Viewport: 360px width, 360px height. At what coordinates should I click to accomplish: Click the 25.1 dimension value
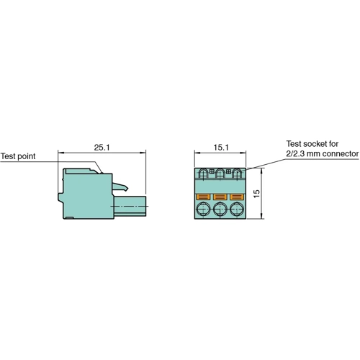coord(102,147)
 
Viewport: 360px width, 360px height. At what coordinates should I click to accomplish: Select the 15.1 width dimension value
coord(221,147)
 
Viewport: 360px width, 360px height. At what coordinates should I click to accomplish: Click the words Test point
coord(18,156)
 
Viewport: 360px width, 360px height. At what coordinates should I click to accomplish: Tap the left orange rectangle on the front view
coord(204,196)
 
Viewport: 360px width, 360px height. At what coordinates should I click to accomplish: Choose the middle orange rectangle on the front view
coord(220,196)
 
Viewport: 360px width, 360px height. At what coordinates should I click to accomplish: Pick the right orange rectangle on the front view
coord(237,196)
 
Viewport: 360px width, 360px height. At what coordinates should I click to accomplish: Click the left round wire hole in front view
coord(204,210)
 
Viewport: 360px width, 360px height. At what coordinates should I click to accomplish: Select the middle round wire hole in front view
coord(220,210)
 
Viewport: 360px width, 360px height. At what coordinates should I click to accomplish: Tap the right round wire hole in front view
coord(237,210)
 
